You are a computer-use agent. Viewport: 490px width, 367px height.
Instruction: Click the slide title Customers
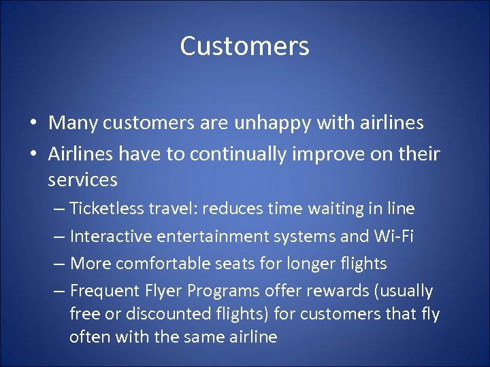(x=245, y=46)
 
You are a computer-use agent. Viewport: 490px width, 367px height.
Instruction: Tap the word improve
(x=340, y=154)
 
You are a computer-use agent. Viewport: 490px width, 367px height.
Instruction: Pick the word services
(x=83, y=180)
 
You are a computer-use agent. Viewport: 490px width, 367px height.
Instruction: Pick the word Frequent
(x=101, y=291)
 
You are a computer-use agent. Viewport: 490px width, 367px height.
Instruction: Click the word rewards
(x=329, y=291)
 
